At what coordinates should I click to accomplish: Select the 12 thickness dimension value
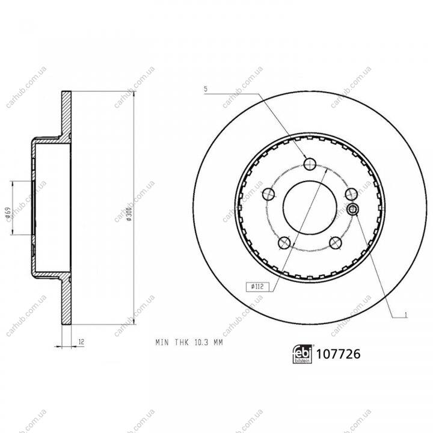[81, 342]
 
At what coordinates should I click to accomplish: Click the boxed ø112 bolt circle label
[257, 287]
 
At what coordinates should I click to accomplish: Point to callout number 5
[206, 89]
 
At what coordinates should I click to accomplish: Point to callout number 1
[405, 315]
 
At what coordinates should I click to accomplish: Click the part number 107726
[338, 354]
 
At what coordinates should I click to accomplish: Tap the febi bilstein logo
[302, 354]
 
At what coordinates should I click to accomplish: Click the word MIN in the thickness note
[162, 342]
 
